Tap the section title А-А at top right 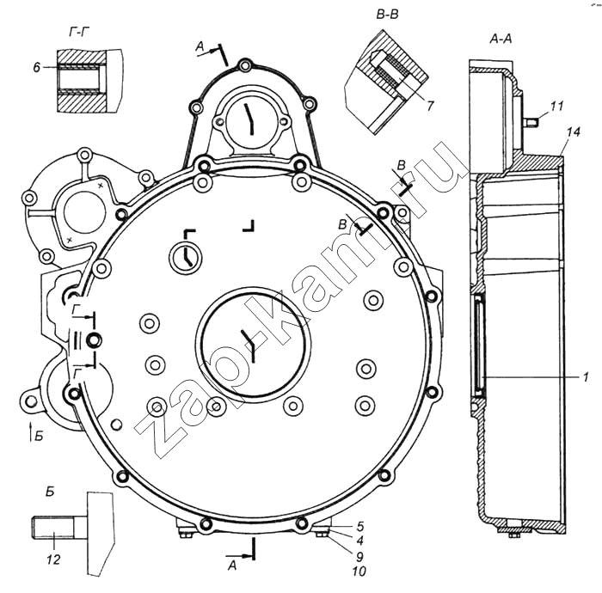[x=501, y=39]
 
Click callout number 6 [x=36, y=66]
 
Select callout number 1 [x=585, y=376]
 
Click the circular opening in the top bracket [x=248, y=121]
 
